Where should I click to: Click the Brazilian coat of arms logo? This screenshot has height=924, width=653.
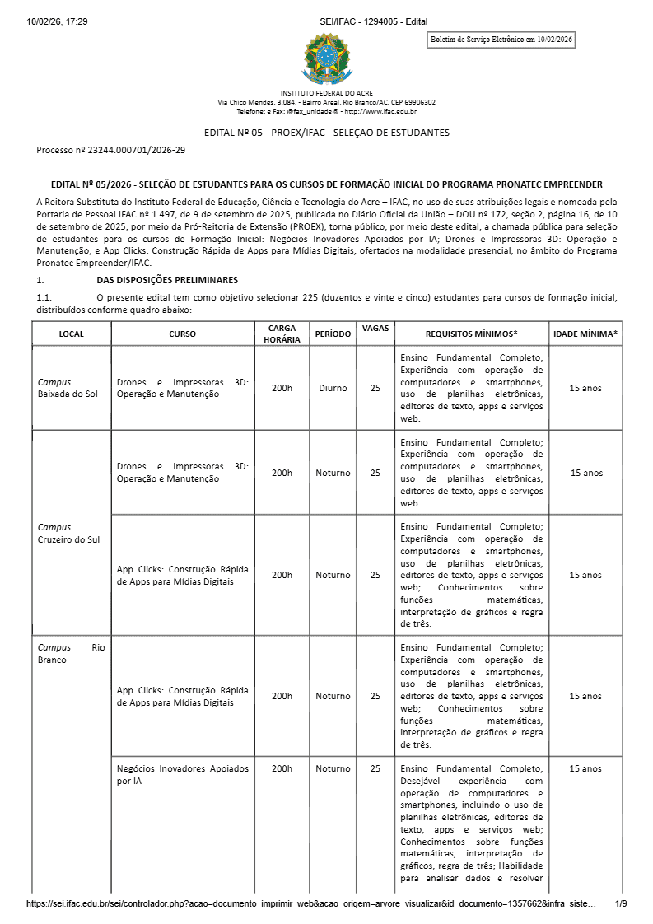point(327,58)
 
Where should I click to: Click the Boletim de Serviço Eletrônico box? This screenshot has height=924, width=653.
point(502,40)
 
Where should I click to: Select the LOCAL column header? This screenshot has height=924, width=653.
point(72,334)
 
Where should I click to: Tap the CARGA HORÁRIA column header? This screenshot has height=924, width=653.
point(282,334)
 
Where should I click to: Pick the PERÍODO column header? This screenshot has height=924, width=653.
point(333,334)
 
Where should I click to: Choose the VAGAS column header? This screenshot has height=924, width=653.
point(375,328)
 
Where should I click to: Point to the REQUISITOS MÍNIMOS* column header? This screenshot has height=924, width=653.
point(471,334)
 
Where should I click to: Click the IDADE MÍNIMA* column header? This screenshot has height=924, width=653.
point(585,334)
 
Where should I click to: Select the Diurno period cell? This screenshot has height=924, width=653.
point(333,388)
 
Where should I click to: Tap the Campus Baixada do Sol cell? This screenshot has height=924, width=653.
point(68,388)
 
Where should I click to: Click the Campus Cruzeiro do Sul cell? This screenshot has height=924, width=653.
point(68,533)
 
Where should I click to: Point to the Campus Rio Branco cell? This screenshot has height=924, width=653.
point(72,653)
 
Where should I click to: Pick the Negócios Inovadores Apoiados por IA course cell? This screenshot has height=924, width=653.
point(182,774)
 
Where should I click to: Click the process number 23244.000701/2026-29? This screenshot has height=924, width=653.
point(111,150)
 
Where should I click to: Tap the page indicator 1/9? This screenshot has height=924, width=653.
point(621,903)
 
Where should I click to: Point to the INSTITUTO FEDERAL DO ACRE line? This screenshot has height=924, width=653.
point(327,93)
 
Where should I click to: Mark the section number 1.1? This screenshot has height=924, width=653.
point(44,297)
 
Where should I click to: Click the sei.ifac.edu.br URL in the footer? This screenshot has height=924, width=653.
point(310,903)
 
